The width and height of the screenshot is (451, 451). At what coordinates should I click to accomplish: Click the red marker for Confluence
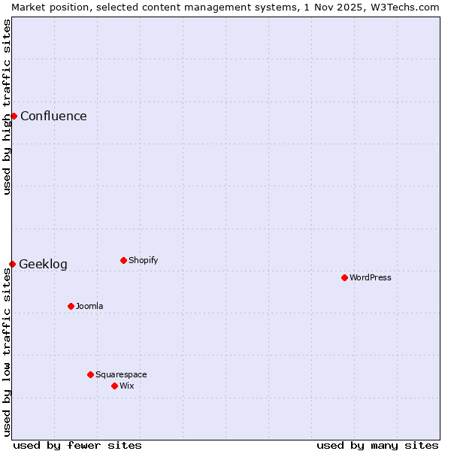[14, 116]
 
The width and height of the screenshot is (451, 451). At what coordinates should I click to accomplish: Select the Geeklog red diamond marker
[12, 264]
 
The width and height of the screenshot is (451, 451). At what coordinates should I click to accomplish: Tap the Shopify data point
[123, 260]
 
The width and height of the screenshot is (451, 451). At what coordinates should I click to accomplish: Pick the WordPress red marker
[344, 277]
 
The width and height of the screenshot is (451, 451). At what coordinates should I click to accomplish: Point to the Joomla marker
[71, 306]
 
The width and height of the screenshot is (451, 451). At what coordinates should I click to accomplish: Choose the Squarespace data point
[90, 374]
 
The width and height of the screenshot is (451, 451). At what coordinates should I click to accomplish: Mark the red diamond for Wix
[114, 386]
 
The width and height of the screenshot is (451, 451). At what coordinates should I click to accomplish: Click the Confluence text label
[53, 116]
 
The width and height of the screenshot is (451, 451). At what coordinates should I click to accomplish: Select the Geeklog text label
[43, 264]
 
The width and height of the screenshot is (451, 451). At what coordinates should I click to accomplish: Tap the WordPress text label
[371, 277]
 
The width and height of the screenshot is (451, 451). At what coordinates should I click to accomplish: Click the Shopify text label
[143, 260]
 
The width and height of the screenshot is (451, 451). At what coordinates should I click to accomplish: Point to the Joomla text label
[89, 306]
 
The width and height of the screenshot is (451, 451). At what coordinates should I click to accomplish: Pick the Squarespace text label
[121, 374]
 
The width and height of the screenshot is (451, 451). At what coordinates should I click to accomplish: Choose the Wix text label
[126, 386]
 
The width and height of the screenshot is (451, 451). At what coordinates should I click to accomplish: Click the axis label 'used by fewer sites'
[77, 445]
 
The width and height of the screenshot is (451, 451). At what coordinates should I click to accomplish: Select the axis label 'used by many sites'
[377, 445]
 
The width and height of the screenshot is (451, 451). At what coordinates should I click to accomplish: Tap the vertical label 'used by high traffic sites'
[7, 107]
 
